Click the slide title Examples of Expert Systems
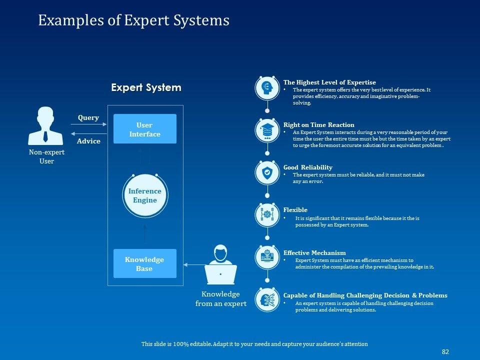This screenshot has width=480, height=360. (x=133, y=20)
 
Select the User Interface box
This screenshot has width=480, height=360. (x=144, y=129)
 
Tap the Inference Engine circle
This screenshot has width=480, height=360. (x=145, y=195)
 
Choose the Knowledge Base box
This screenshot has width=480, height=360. (x=144, y=263)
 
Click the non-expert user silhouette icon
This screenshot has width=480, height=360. (x=45, y=126)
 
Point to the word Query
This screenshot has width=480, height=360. (x=88, y=117)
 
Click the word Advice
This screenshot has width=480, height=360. (x=88, y=141)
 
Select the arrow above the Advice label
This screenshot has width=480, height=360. (x=89, y=133)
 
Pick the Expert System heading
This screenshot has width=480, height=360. (x=146, y=87)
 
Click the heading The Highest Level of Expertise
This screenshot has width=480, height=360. (x=329, y=82)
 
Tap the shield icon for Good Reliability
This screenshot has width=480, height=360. (x=267, y=173)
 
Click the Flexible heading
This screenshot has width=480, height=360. (x=295, y=209)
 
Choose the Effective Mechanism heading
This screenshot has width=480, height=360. (x=314, y=252)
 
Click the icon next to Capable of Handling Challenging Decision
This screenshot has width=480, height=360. (x=267, y=300)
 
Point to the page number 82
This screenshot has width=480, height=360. (x=445, y=351)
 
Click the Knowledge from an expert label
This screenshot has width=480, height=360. (x=220, y=298)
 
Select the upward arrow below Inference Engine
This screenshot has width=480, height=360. (x=145, y=233)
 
